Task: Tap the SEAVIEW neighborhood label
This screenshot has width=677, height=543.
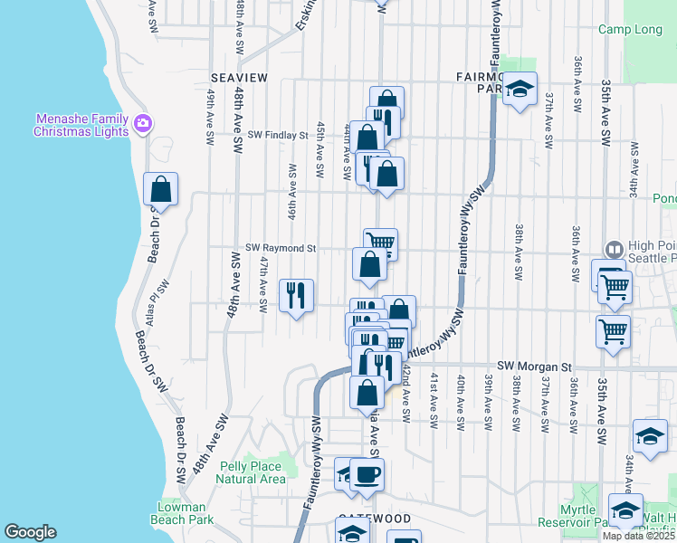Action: point(239,79)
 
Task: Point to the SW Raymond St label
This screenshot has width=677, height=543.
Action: point(281,247)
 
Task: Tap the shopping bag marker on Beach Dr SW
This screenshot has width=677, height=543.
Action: point(160,190)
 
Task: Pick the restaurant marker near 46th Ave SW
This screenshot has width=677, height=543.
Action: point(296,295)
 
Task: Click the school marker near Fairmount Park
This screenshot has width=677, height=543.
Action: point(520,89)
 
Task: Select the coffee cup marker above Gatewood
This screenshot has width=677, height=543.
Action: point(367,474)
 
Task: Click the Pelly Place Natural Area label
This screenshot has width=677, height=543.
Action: point(253,472)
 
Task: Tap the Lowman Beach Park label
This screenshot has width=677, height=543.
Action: point(185,513)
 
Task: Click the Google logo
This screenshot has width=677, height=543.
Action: point(30,532)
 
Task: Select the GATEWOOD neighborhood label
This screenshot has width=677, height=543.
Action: point(374,519)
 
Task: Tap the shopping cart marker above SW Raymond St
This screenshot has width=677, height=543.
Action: point(380,243)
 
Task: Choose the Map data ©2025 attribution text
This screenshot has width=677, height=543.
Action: point(638,536)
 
